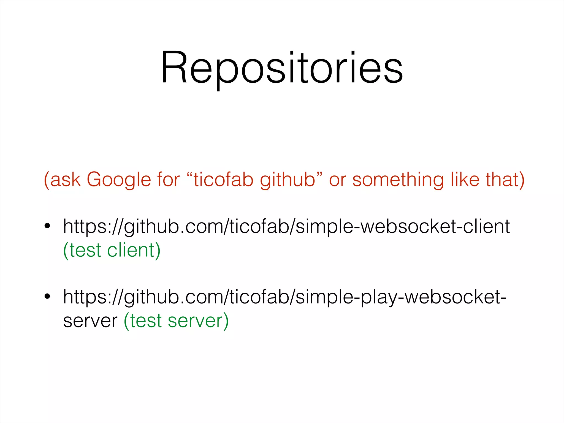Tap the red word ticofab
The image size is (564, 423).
coord(223,179)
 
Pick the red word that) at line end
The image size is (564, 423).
coord(505,180)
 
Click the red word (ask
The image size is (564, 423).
coord(62,180)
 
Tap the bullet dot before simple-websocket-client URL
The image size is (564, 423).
coord(47,226)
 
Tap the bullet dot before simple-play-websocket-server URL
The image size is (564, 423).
coord(47,297)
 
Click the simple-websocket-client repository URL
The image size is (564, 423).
coord(286,227)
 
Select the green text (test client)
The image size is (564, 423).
coord(112,250)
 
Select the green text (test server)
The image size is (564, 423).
coord(176,321)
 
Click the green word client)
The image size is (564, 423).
coord(134,250)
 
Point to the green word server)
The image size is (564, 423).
coord(198,321)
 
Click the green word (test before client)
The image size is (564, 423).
coord(82,250)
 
